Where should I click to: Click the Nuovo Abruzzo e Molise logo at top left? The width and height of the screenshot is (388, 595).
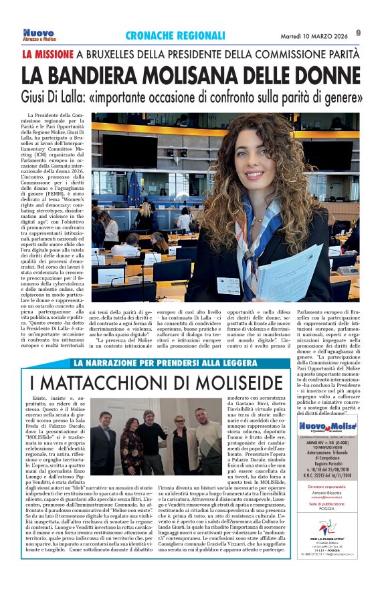pyautogui.click(x=39, y=34)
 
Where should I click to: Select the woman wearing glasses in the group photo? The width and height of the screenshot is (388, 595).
pyautogui.click(x=180, y=435)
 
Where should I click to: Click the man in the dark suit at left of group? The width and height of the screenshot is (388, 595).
pyautogui.click(x=106, y=441)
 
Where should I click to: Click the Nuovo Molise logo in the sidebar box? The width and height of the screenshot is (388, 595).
pyautogui.click(x=327, y=428)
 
